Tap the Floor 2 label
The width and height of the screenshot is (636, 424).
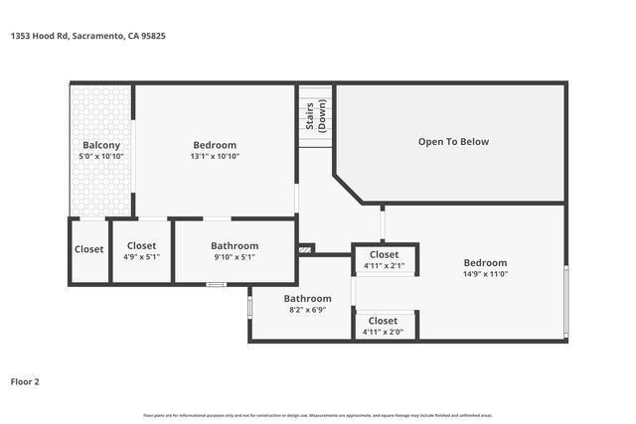pyautogui.click(x=25, y=380)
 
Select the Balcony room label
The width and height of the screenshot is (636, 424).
pyautogui.click(x=101, y=145)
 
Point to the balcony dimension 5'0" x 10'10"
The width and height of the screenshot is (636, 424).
pyautogui.click(x=101, y=157)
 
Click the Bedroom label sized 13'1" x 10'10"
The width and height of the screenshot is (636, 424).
pyautogui.click(x=215, y=145)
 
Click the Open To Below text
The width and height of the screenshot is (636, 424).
pyautogui.click(x=453, y=142)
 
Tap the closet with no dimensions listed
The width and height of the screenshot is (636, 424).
pyautogui.click(x=88, y=249)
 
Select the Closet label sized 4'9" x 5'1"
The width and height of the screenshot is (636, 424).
pyautogui.click(x=141, y=245)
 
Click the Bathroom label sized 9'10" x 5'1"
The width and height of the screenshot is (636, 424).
pyautogui.click(x=235, y=245)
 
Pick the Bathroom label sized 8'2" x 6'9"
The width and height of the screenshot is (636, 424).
pyautogui.click(x=307, y=298)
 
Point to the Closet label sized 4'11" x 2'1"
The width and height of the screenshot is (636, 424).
pyautogui.click(x=384, y=255)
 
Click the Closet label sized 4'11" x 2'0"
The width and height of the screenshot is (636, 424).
pyautogui.click(x=384, y=321)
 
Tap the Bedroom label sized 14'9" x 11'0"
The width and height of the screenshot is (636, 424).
pyautogui.click(x=485, y=263)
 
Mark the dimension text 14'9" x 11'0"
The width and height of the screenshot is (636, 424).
pyautogui.click(x=485, y=275)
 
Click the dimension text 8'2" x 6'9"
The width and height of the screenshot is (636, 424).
pyautogui.click(x=307, y=310)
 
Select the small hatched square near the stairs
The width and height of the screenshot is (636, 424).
pyautogui.click(x=306, y=249)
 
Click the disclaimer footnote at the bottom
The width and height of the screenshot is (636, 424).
pyautogui.click(x=318, y=415)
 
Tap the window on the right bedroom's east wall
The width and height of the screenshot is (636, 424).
pyautogui.click(x=566, y=301)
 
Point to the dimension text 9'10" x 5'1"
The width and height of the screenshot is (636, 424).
pyautogui.click(x=235, y=257)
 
